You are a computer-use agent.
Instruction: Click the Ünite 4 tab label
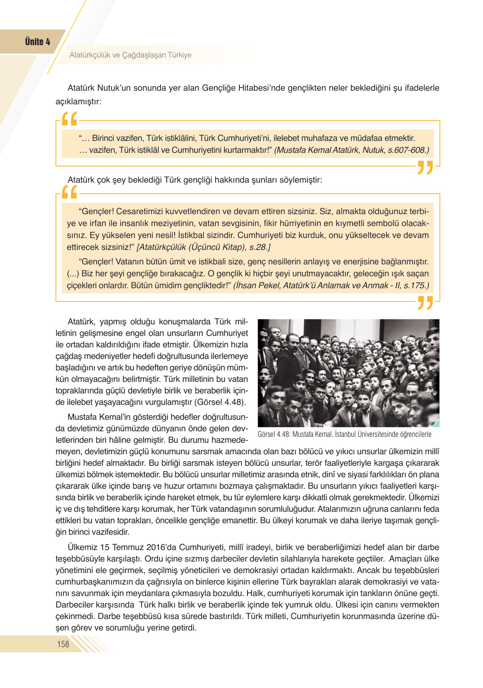(x=37, y=42)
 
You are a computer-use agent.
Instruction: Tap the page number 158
(x=63, y=644)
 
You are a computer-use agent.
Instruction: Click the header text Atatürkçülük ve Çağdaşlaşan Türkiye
(x=130, y=55)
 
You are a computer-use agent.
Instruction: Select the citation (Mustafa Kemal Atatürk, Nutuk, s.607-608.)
(x=351, y=150)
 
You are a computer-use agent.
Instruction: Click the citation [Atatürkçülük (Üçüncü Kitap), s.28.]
(x=204, y=247)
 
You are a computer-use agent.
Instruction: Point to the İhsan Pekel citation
(x=331, y=285)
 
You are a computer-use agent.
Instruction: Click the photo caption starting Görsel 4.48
(x=344, y=434)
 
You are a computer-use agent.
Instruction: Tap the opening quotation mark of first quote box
(x=69, y=119)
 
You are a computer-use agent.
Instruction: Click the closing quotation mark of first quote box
(x=425, y=167)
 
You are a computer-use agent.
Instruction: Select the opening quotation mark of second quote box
(x=69, y=192)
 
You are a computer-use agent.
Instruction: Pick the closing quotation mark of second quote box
(x=425, y=303)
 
